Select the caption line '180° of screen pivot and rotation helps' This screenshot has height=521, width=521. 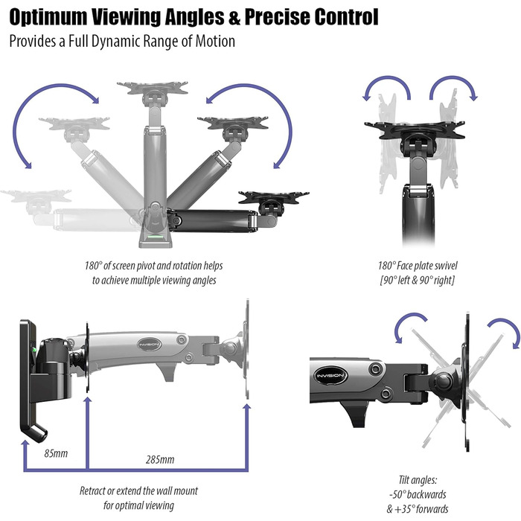153,266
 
